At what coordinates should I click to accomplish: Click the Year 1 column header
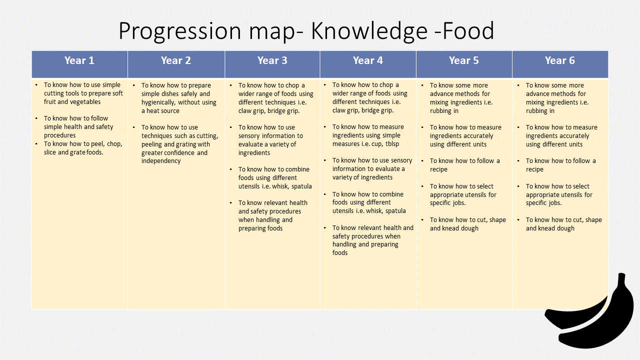click(x=79, y=60)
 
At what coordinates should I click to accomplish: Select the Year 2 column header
click(x=175, y=60)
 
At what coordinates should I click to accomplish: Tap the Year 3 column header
click(x=272, y=60)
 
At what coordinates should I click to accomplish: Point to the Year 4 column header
click(x=367, y=60)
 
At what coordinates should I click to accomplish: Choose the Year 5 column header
click(x=463, y=60)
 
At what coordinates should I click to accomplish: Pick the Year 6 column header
click(x=559, y=60)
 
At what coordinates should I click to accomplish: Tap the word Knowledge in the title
click(x=369, y=30)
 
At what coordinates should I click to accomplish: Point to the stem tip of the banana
click(x=621, y=275)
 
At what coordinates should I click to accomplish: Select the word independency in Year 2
click(x=161, y=161)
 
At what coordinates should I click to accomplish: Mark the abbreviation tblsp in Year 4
click(x=392, y=143)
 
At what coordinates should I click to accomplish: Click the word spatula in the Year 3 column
click(x=301, y=186)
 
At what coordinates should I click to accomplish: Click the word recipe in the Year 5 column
click(x=438, y=169)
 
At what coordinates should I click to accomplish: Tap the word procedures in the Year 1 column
click(x=59, y=135)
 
